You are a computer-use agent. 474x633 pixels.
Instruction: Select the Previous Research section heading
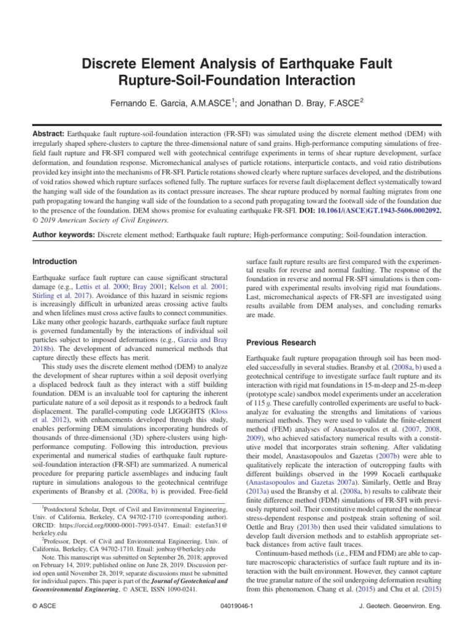pyautogui.click(x=281, y=342)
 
